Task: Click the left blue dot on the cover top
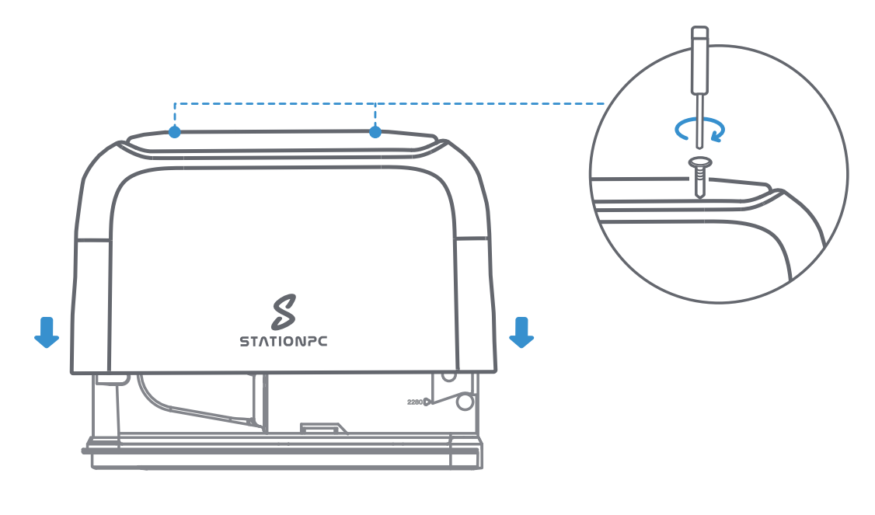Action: [x=175, y=132]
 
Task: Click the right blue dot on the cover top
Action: [x=375, y=132]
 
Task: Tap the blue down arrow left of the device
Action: [x=47, y=332]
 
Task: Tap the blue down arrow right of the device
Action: [x=521, y=332]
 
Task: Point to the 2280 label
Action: [x=414, y=402]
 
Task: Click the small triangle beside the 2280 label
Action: [x=427, y=402]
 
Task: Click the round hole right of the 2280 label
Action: [x=465, y=402]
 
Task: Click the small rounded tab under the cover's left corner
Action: [x=113, y=378]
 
